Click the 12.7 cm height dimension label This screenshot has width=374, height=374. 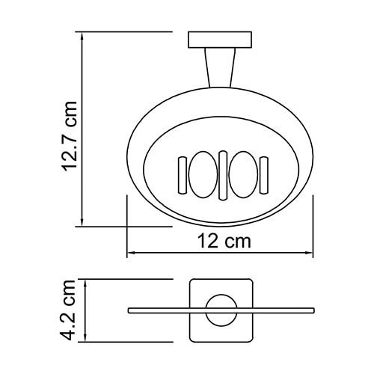tap(71, 139)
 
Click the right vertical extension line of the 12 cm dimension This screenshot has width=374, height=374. tap(313, 224)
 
